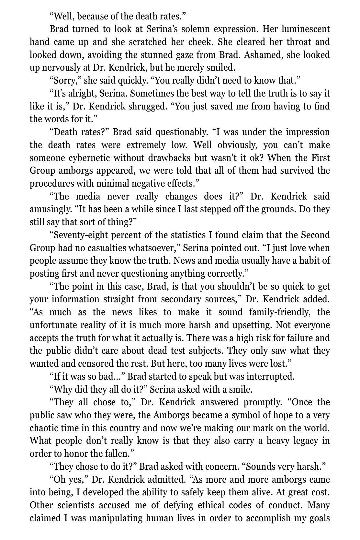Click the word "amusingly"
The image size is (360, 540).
51,209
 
